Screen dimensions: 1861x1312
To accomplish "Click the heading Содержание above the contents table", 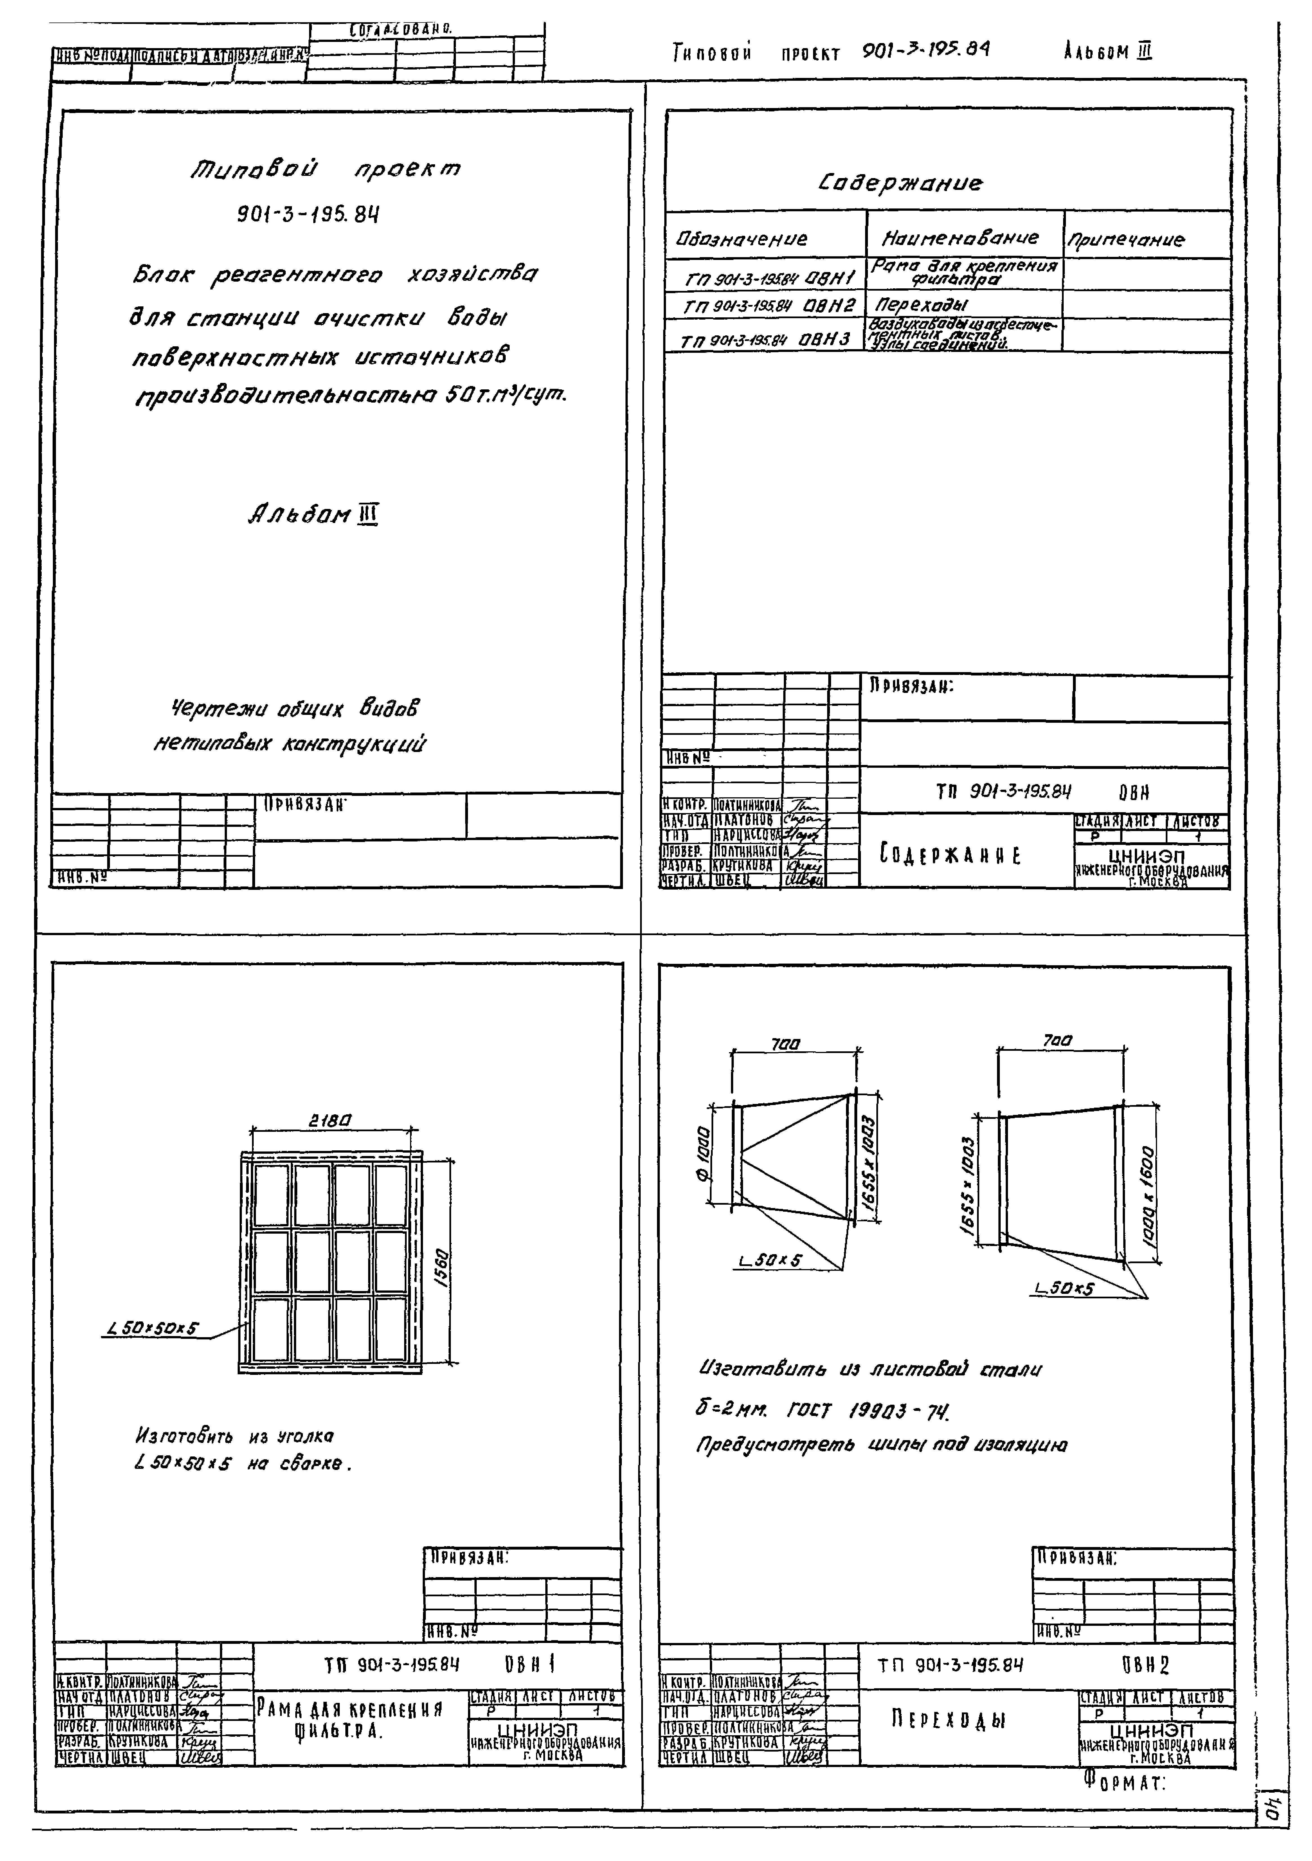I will click(899, 184).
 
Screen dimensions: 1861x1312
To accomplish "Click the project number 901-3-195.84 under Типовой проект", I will click(308, 215).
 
